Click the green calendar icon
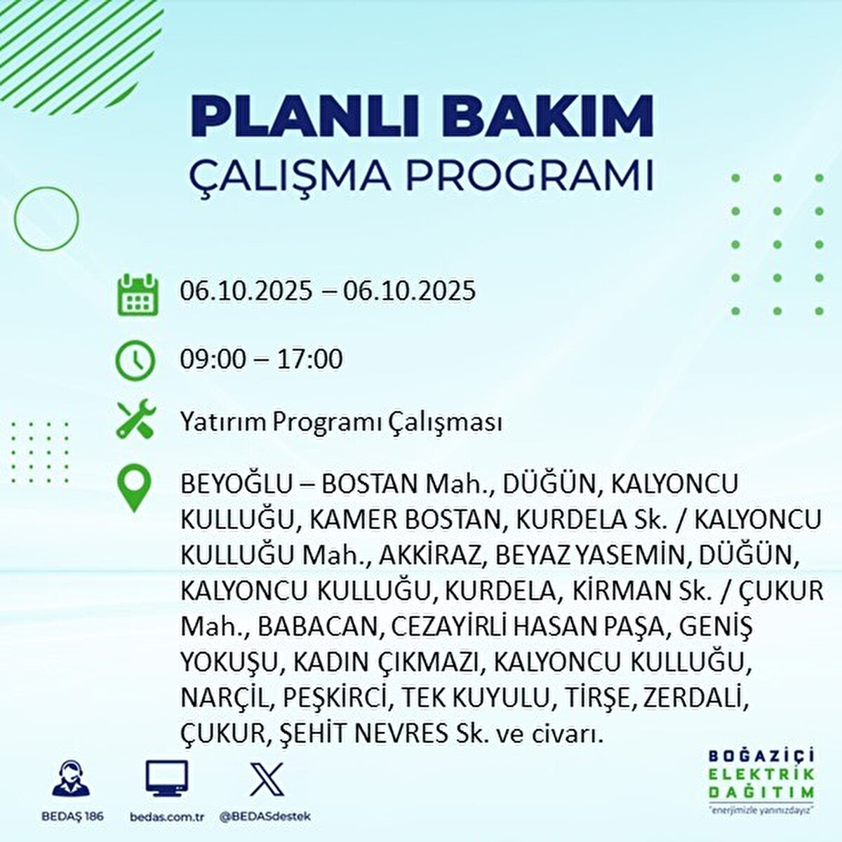click(138, 295)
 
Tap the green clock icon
click(134, 360)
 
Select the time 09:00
click(213, 359)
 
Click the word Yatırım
click(223, 422)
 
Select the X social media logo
click(267, 779)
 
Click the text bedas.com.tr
click(167, 817)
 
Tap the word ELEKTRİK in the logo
click(761, 774)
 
